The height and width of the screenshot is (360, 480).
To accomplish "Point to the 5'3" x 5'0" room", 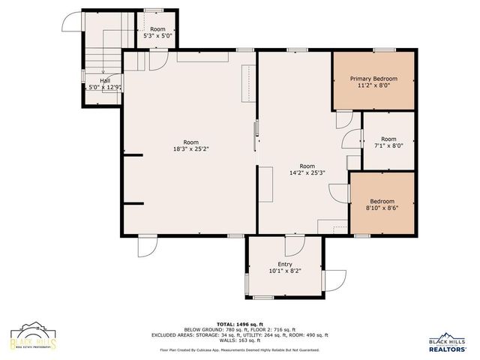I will (x=157, y=32).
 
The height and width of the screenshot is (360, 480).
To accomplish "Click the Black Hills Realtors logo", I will (x=448, y=343).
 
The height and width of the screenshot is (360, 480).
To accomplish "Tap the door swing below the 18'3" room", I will (x=148, y=246).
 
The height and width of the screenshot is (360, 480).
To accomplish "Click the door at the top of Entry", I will (x=293, y=244).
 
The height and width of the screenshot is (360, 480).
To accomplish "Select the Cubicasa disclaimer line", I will (x=239, y=349).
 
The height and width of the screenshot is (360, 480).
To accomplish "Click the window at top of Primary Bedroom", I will (x=384, y=50).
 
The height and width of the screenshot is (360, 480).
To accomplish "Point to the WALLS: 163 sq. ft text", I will (x=239, y=340).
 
